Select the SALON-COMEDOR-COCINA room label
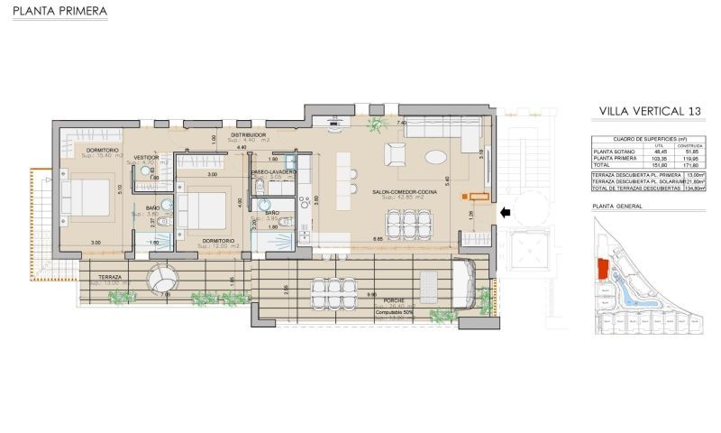402,191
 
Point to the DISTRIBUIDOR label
247,134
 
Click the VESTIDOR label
146,157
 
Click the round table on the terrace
165,276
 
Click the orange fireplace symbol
478,195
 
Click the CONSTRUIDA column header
690,144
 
